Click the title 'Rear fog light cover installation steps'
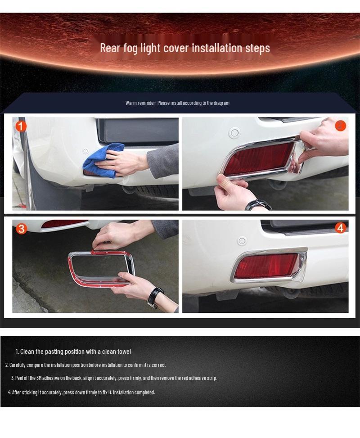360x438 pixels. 184,48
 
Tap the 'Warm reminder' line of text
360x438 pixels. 177,103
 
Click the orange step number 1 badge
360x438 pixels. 21,126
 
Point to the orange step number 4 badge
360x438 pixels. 340,228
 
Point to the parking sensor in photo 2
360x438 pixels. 234,133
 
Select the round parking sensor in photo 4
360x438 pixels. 242,241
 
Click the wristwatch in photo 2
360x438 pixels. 258,205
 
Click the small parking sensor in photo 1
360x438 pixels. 85,151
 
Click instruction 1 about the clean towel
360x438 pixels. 73,352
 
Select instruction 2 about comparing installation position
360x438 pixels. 85,365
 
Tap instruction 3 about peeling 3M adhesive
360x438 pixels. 114,378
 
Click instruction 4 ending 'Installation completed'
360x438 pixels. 81,393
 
